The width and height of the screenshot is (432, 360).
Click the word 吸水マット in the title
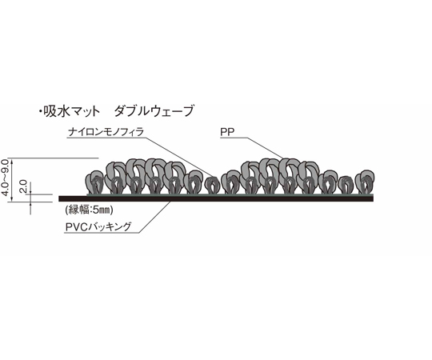71,111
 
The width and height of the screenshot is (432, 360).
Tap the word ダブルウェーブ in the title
154,111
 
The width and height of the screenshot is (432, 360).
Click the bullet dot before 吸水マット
40,111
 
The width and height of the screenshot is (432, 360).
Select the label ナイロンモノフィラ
106,132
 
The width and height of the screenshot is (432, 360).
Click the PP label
227,133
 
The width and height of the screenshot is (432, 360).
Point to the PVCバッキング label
98,227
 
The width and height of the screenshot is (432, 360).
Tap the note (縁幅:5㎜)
89,210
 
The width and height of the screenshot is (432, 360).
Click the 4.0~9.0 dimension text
6,178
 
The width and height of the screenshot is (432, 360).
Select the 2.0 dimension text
23,186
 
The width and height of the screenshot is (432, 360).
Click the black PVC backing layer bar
216,198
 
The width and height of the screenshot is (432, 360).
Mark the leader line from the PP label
265,148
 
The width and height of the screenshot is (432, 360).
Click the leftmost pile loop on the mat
94,182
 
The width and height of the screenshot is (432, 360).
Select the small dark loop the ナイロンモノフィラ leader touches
213,185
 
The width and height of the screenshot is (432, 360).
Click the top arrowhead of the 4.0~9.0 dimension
12,160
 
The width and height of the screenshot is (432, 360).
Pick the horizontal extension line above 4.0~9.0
53,158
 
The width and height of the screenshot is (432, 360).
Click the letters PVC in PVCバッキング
75,227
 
